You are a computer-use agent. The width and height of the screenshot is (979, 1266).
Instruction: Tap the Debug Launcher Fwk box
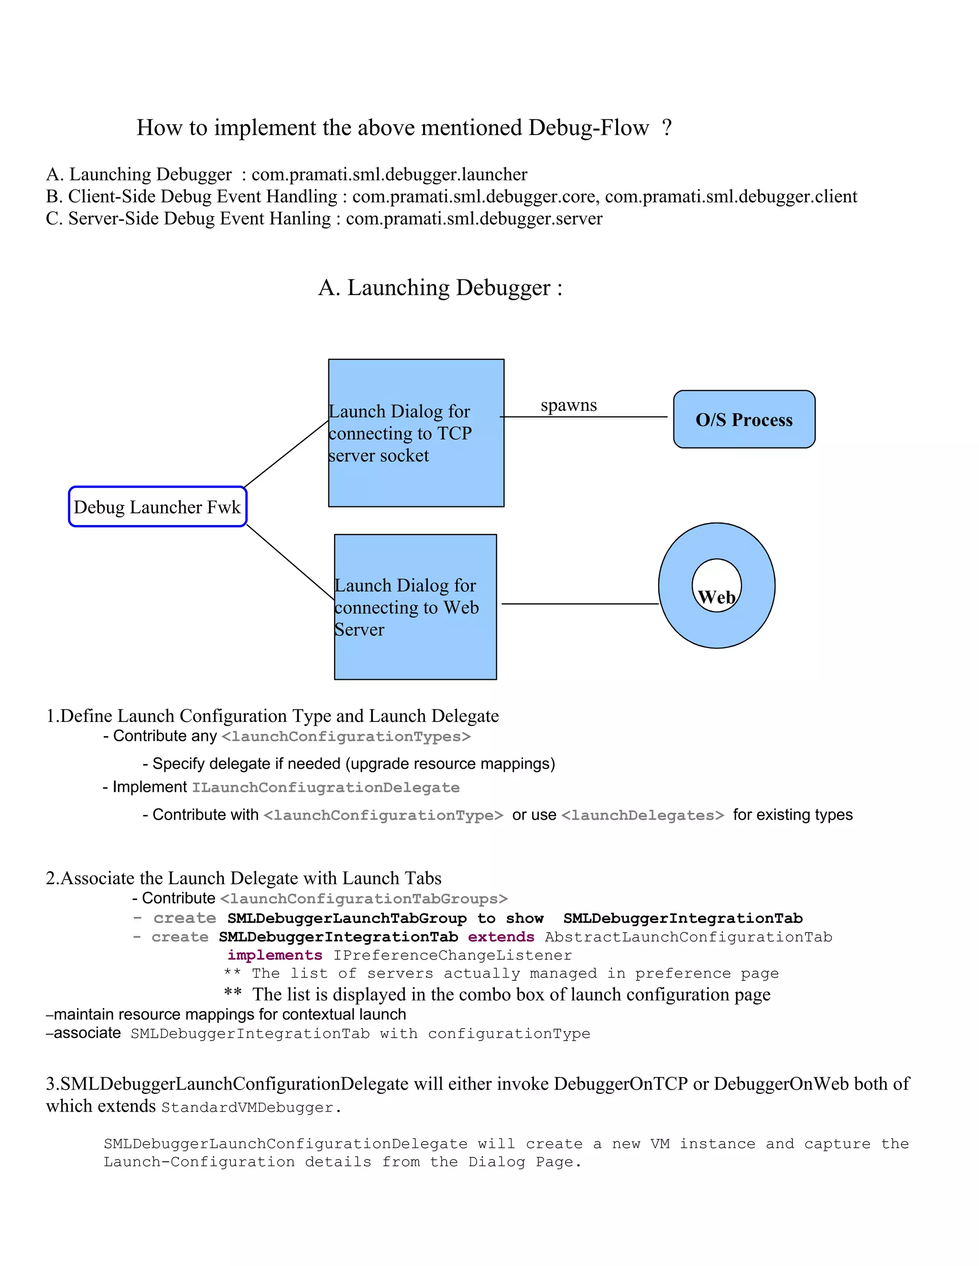[157, 506]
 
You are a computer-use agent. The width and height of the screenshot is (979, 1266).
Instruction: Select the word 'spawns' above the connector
[568, 405]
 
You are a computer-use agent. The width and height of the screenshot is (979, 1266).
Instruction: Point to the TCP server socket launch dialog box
[416, 433]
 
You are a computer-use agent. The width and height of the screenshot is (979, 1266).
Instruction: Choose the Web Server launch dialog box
[415, 607]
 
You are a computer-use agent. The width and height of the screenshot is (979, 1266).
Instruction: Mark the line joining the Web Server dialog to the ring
[579, 604]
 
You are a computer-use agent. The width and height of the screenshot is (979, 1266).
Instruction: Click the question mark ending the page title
[666, 128]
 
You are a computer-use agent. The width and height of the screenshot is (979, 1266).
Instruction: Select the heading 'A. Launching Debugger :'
[440, 288]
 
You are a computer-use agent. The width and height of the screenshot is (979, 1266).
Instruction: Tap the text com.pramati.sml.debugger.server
[474, 218]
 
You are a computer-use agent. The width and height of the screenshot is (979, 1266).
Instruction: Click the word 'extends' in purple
[501, 937]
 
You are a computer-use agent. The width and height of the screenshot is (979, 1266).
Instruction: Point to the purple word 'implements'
[275, 955]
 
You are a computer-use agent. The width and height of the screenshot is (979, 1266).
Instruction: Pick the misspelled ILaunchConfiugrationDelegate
[326, 788]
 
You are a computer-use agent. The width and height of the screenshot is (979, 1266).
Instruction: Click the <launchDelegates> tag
[642, 815]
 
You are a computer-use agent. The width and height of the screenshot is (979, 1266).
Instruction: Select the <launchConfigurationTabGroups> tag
[364, 899]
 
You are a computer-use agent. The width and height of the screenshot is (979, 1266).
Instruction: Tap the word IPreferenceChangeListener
[452, 955]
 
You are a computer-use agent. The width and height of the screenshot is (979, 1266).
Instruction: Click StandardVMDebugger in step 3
[248, 1108]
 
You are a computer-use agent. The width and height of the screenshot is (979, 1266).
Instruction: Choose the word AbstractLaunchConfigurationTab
[688, 937]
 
